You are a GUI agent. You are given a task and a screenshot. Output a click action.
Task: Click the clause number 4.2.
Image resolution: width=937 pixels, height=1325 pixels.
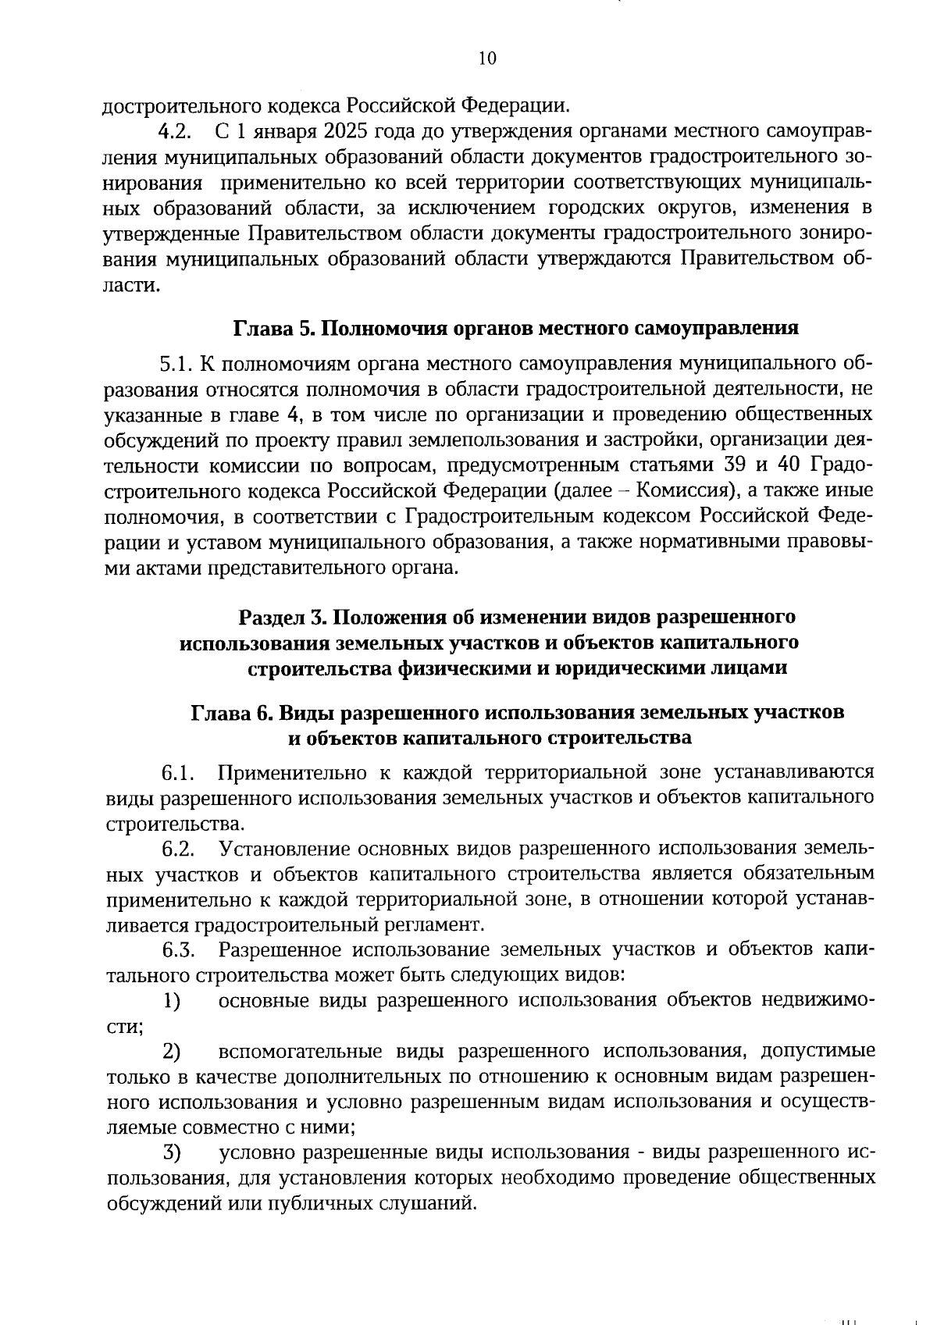[x=176, y=130]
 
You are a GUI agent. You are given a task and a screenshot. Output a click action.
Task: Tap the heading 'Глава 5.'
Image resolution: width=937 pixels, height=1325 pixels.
[x=274, y=328]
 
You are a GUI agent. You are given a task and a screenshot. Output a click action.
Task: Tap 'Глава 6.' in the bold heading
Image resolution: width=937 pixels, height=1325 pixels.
[x=232, y=713]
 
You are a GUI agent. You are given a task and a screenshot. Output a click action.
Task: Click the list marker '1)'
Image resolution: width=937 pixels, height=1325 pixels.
[x=171, y=1001]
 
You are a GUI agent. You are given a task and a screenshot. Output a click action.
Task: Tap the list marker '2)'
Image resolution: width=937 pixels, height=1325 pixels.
[x=171, y=1052]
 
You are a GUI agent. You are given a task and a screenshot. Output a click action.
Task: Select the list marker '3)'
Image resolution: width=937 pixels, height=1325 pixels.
[x=171, y=1153]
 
